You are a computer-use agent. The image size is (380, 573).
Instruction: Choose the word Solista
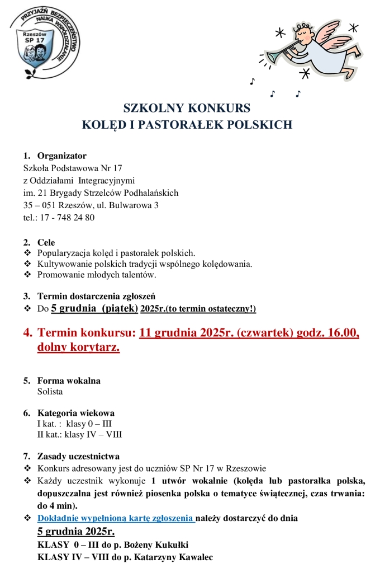[x=50, y=392]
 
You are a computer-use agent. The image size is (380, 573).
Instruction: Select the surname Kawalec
[x=194, y=557]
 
